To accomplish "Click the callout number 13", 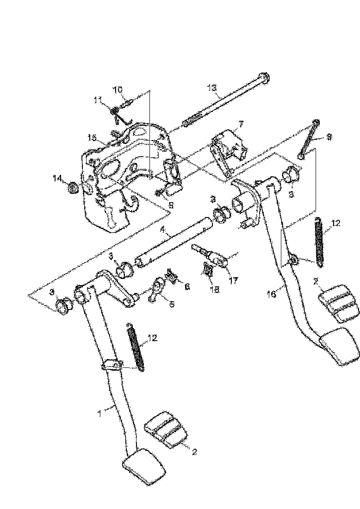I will pos(212,87).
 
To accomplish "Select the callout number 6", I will pos(187,287).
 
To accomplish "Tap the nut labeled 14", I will pos(72,188).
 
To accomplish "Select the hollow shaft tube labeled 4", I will pos(174,243).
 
